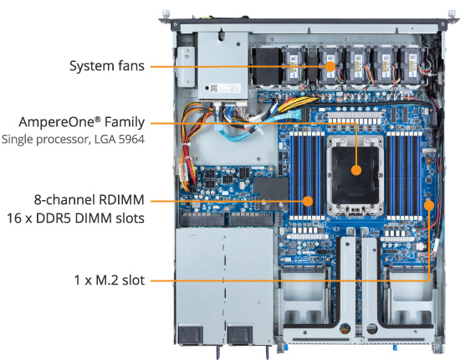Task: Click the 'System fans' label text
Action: point(107,66)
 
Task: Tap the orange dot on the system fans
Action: point(330,66)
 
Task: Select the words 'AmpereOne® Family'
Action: point(82,122)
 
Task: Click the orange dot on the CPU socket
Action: point(356,170)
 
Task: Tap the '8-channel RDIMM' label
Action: point(89,199)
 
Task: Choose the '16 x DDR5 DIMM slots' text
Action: point(75,219)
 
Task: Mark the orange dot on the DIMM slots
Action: point(308,201)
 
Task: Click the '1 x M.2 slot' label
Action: point(110,280)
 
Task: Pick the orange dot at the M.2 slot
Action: point(429,205)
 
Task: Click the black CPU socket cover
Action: point(355,171)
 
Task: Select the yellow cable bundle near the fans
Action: point(296,105)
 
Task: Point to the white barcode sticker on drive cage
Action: point(225,88)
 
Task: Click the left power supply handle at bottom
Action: point(191,334)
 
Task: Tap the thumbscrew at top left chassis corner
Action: point(166,13)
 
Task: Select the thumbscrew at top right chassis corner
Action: point(452,13)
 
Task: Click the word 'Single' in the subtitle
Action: point(18,139)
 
